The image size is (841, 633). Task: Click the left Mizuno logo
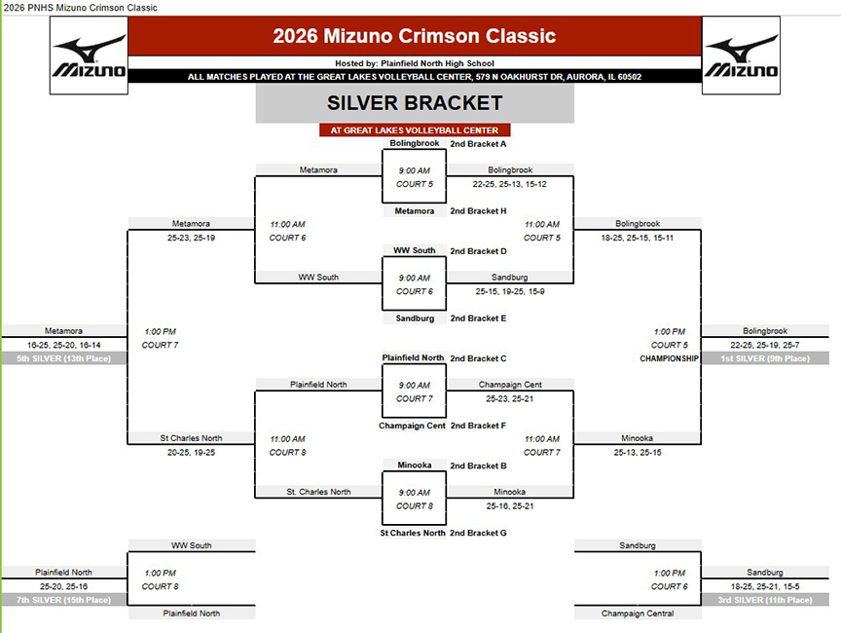click(89, 56)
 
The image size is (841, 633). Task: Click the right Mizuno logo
click(742, 56)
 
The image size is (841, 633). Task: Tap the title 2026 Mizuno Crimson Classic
click(414, 36)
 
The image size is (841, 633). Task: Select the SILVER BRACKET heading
click(415, 103)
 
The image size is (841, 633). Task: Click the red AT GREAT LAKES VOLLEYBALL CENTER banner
click(415, 130)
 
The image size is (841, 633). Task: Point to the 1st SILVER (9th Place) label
click(765, 358)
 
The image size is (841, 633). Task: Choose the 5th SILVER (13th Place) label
click(64, 358)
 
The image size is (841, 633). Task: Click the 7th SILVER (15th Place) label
click(64, 600)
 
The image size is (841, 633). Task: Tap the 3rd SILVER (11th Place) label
click(765, 600)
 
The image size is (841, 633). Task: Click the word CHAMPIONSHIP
click(669, 358)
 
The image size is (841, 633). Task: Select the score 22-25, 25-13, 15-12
click(509, 184)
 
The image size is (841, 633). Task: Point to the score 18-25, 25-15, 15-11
click(638, 238)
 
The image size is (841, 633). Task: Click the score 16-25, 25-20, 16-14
click(64, 345)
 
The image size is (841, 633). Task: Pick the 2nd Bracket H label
click(478, 210)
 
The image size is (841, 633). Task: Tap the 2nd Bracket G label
click(478, 533)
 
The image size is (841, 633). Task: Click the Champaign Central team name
click(638, 614)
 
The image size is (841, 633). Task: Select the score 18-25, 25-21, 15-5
click(765, 586)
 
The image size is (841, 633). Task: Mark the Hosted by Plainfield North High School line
click(415, 63)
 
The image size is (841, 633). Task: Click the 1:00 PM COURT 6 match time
click(670, 579)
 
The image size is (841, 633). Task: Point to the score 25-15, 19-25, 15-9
click(509, 291)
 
